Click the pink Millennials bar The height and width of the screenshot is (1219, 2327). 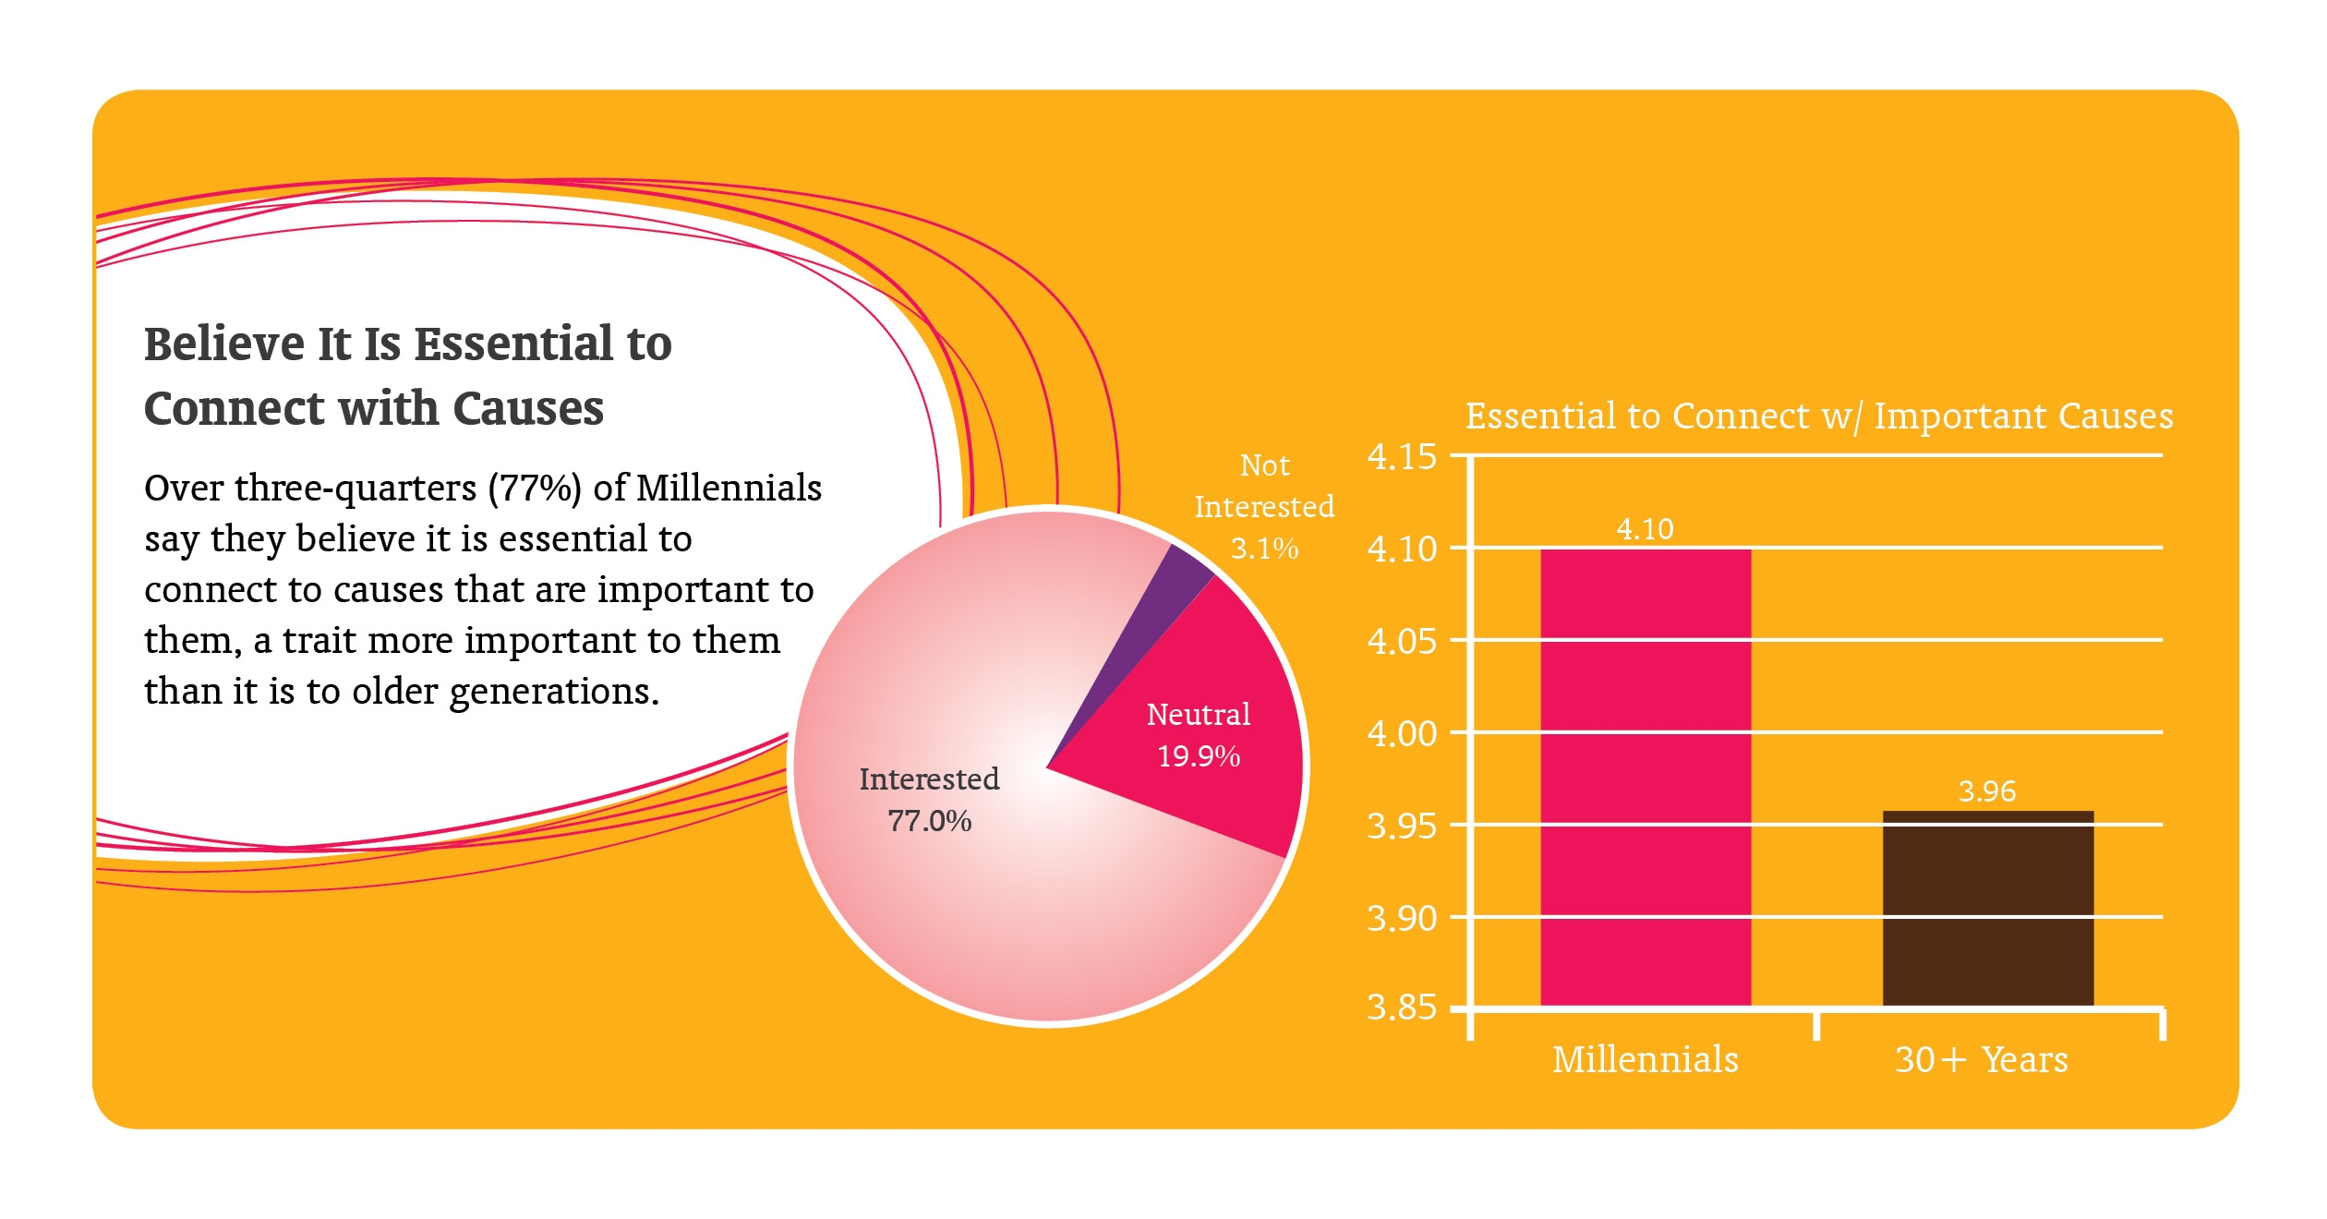1645,776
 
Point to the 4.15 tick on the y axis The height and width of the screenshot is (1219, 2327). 1402,456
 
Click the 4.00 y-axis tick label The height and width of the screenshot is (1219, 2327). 1402,733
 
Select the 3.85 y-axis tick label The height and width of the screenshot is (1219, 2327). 1402,1007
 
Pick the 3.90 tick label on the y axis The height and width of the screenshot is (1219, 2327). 1402,918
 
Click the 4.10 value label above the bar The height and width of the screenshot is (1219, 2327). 1645,528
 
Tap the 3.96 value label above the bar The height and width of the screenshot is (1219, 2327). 1987,791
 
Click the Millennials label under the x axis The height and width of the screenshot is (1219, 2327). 1645,1059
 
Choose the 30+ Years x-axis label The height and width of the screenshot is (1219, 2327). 1981,1059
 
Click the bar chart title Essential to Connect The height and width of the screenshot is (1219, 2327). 1819,416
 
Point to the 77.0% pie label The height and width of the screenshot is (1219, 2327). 929,820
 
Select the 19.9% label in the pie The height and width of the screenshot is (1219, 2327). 1199,755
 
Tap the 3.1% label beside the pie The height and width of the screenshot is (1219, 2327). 1264,548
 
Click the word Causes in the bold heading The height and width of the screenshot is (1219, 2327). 527,408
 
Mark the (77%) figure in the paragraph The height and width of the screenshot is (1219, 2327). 535,488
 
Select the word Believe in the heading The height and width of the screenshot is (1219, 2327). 224,344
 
